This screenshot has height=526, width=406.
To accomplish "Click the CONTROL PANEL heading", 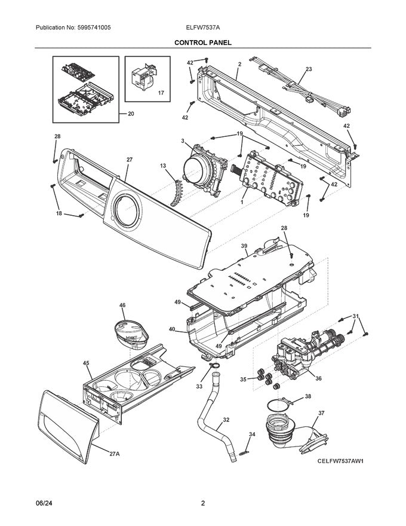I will click(203, 43).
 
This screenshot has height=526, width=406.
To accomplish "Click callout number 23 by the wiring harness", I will click(308, 69).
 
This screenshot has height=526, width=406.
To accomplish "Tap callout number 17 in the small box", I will click(161, 94).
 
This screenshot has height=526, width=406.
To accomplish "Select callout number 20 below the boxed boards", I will click(131, 114).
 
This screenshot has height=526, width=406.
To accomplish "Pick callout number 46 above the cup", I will click(122, 305).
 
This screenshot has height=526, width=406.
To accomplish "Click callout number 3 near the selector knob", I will click(182, 141).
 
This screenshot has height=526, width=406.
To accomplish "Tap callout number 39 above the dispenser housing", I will click(244, 246).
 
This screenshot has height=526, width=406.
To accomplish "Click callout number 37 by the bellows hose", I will click(321, 412).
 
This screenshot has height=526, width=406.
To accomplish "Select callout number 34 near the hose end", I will click(252, 435).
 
